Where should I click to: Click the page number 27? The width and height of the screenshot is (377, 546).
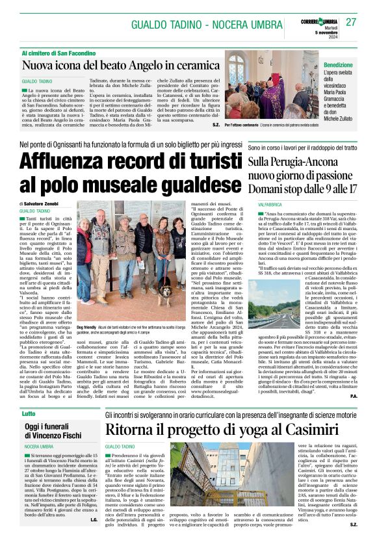coord(352,21)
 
